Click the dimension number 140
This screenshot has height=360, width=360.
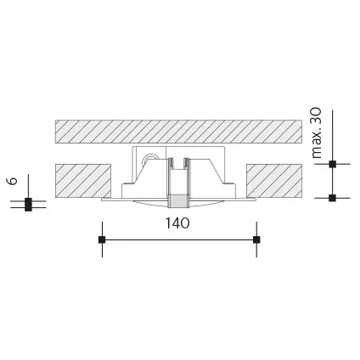177,223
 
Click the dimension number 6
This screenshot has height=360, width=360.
13,181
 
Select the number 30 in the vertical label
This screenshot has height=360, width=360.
317,115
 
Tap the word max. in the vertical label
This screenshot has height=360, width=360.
318,142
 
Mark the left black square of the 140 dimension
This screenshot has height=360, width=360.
102,239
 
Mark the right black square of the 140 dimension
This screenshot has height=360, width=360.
256,239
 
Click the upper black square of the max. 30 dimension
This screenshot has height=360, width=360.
333,164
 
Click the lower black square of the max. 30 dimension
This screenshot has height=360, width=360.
333,198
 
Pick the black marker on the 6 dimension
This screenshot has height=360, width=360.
28,205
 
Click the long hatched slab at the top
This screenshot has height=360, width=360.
178,132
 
